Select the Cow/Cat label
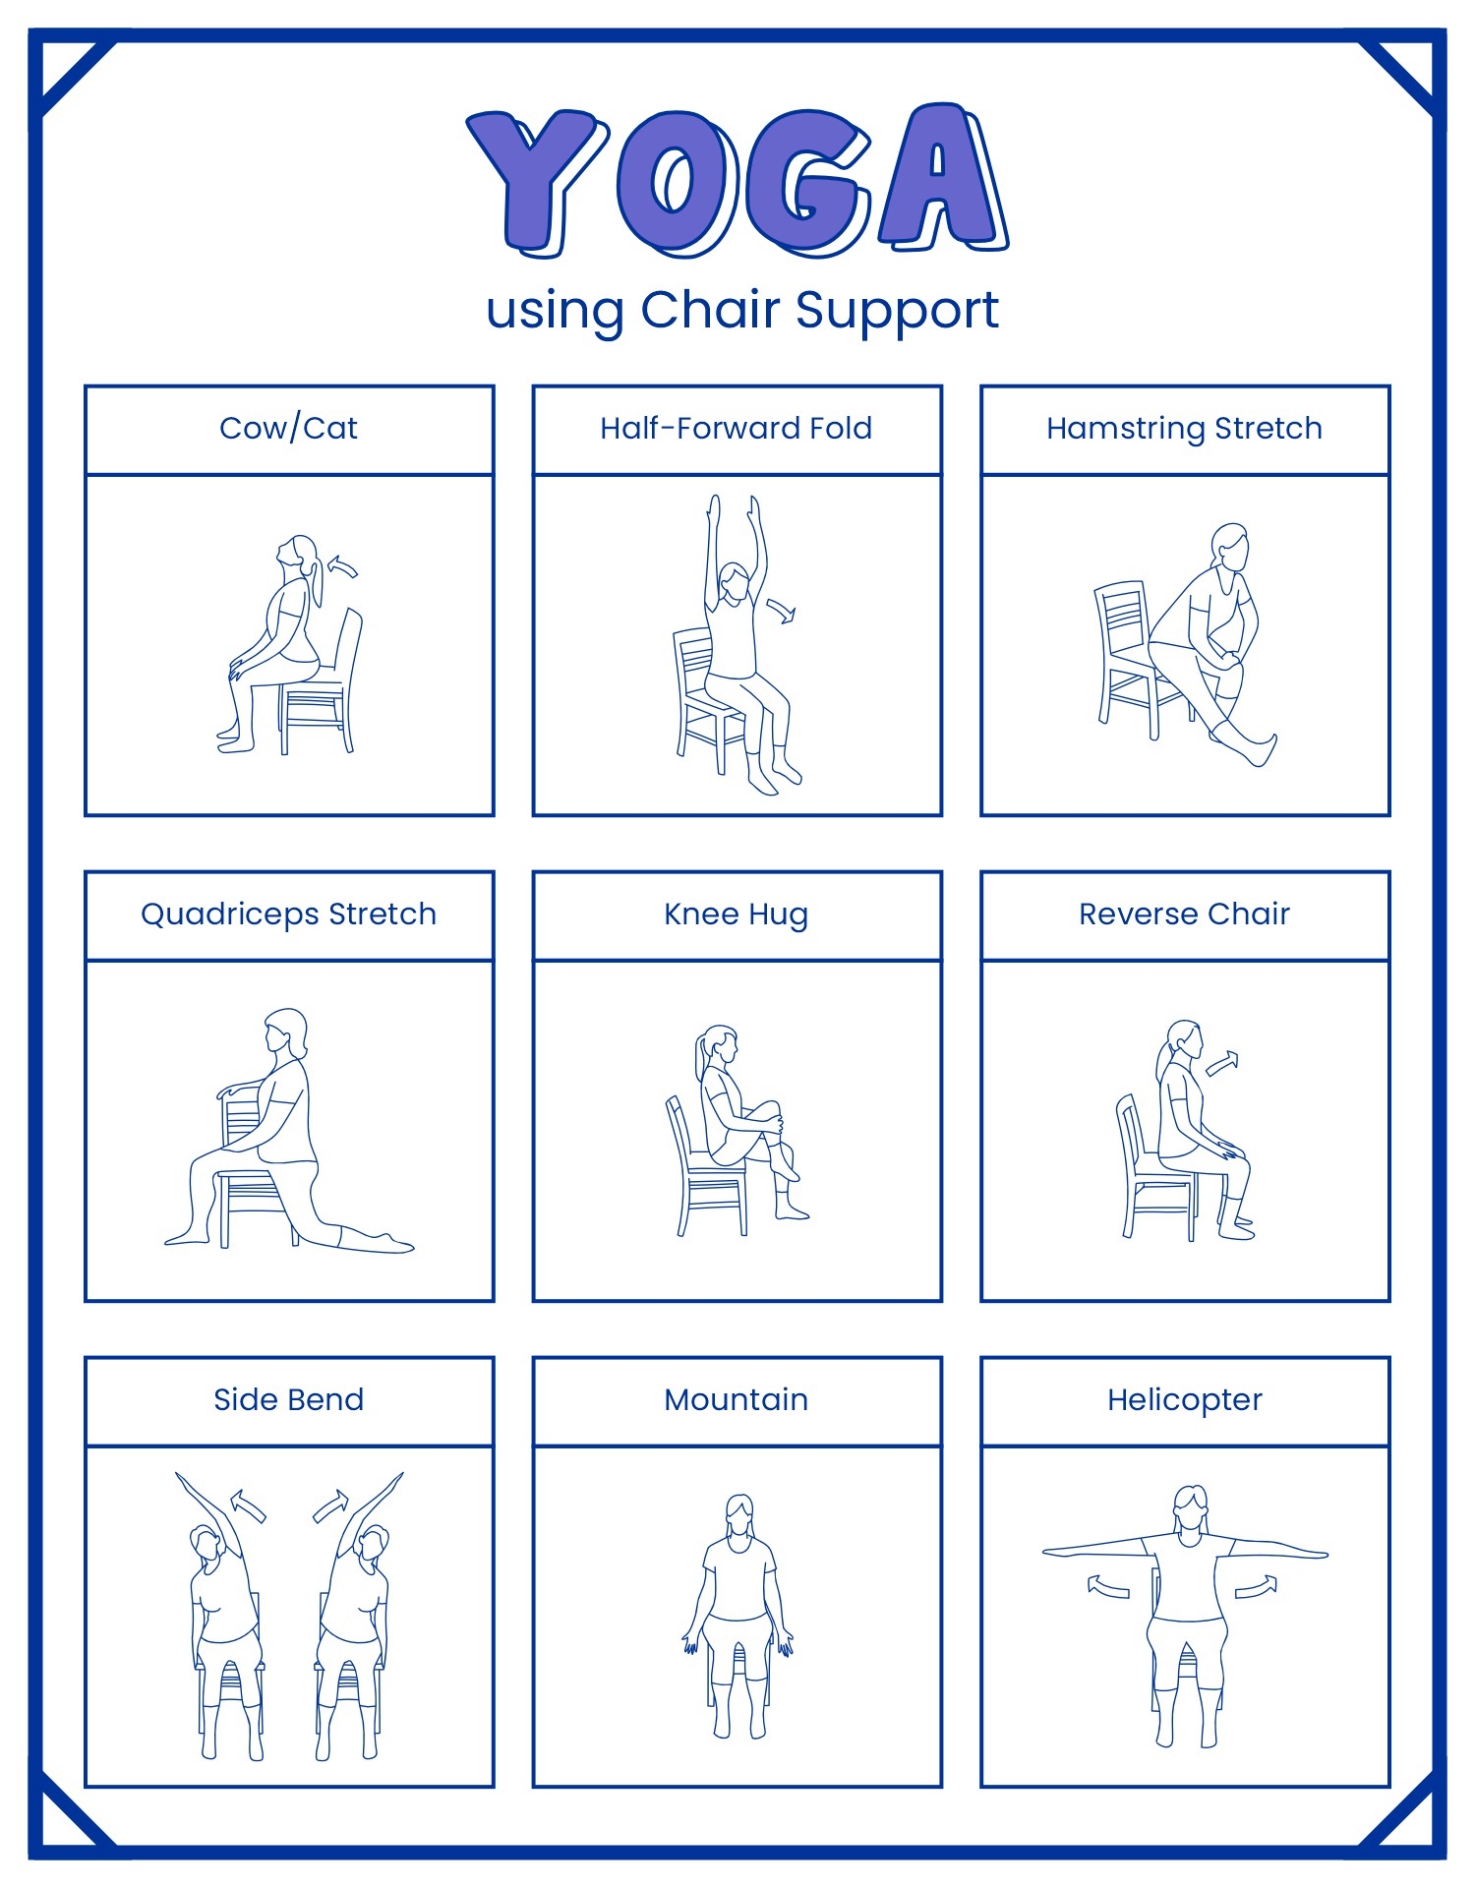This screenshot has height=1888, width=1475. pos(288,429)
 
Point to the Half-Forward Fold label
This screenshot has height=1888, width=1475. pos(737,429)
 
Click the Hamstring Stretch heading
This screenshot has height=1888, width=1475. pos(1184,429)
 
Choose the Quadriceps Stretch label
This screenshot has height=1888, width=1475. pos(288,914)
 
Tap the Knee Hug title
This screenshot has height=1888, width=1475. pos(737,914)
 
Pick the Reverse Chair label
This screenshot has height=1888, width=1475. pos(1184,914)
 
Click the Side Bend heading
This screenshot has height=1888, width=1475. pos(288,1400)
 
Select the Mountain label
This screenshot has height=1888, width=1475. pos(737,1400)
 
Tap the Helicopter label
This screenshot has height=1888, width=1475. pos(1184,1400)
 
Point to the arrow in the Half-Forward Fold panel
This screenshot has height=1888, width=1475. pos(782,611)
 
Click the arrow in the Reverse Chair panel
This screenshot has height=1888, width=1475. pos(1222,1064)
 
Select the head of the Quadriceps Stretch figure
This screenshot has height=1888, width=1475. pos(284,1031)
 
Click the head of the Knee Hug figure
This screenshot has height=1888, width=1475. pos(720,1044)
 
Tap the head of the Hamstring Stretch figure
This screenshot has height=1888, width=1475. pos(1230,546)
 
